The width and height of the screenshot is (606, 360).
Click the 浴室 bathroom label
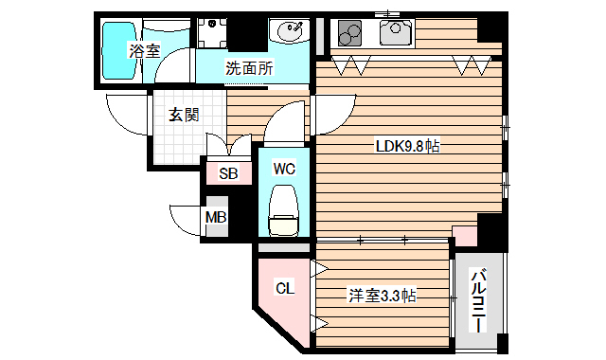[145, 52]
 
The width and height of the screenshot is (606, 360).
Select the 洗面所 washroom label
[249, 68]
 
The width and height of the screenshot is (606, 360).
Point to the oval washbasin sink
[289, 34]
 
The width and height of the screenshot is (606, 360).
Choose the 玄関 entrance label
[184, 116]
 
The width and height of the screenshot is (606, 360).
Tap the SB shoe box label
[228, 173]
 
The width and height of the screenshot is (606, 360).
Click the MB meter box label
[216, 217]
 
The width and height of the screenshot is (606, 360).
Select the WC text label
[284, 170]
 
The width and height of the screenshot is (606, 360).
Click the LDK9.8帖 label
[406, 146]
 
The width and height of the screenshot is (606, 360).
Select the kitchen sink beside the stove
[393, 34]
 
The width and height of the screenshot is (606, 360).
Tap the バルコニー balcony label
[480, 299]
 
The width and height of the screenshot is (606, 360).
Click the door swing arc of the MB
[186, 220]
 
